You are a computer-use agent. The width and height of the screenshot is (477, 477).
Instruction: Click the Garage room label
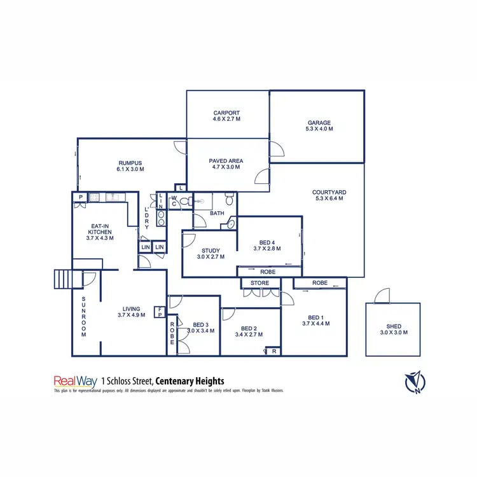(x=319, y=123)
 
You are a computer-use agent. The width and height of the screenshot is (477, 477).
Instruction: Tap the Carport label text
(x=226, y=113)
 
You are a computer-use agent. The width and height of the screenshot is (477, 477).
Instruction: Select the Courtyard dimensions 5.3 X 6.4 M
(x=329, y=198)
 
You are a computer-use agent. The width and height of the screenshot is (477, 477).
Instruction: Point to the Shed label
(x=393, y=326)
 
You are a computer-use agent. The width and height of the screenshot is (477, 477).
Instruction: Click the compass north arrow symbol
(x=416, y=382)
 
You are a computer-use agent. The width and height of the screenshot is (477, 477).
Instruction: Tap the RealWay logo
(x=75, y=381)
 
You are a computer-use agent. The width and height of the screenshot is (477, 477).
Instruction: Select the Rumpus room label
(x=130, y=162)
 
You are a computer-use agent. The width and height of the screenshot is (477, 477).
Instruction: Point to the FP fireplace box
(x=160, y=312)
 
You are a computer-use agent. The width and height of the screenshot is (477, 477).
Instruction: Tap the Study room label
(x=210, y=251)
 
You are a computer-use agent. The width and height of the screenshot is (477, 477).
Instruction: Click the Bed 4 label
(x=267, y=242)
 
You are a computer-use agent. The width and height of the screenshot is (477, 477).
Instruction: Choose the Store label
(x=259, y=283)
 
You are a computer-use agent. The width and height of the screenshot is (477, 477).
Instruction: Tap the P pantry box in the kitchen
(x=81, y=197)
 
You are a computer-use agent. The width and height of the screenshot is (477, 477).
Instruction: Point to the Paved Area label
(x=226, y=161)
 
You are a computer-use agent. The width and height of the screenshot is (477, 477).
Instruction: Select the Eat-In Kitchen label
(x=100, y=228)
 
